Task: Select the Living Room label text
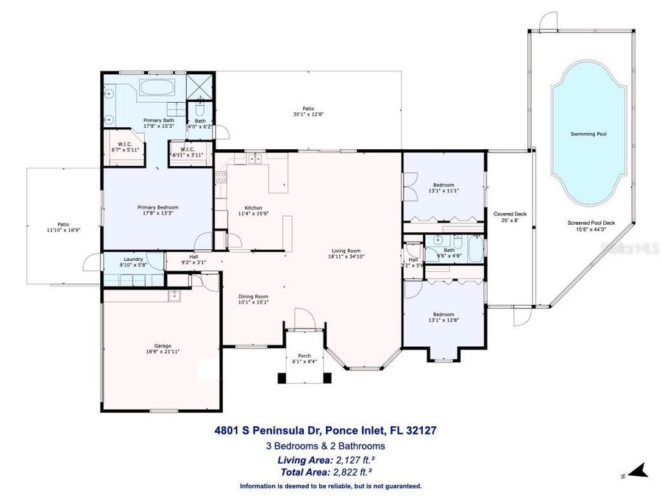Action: point(347,251)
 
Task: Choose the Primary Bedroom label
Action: point(157,207)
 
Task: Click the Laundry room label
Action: point(133,259)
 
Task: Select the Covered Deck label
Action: point(514,214)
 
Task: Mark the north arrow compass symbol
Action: point(637,470)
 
